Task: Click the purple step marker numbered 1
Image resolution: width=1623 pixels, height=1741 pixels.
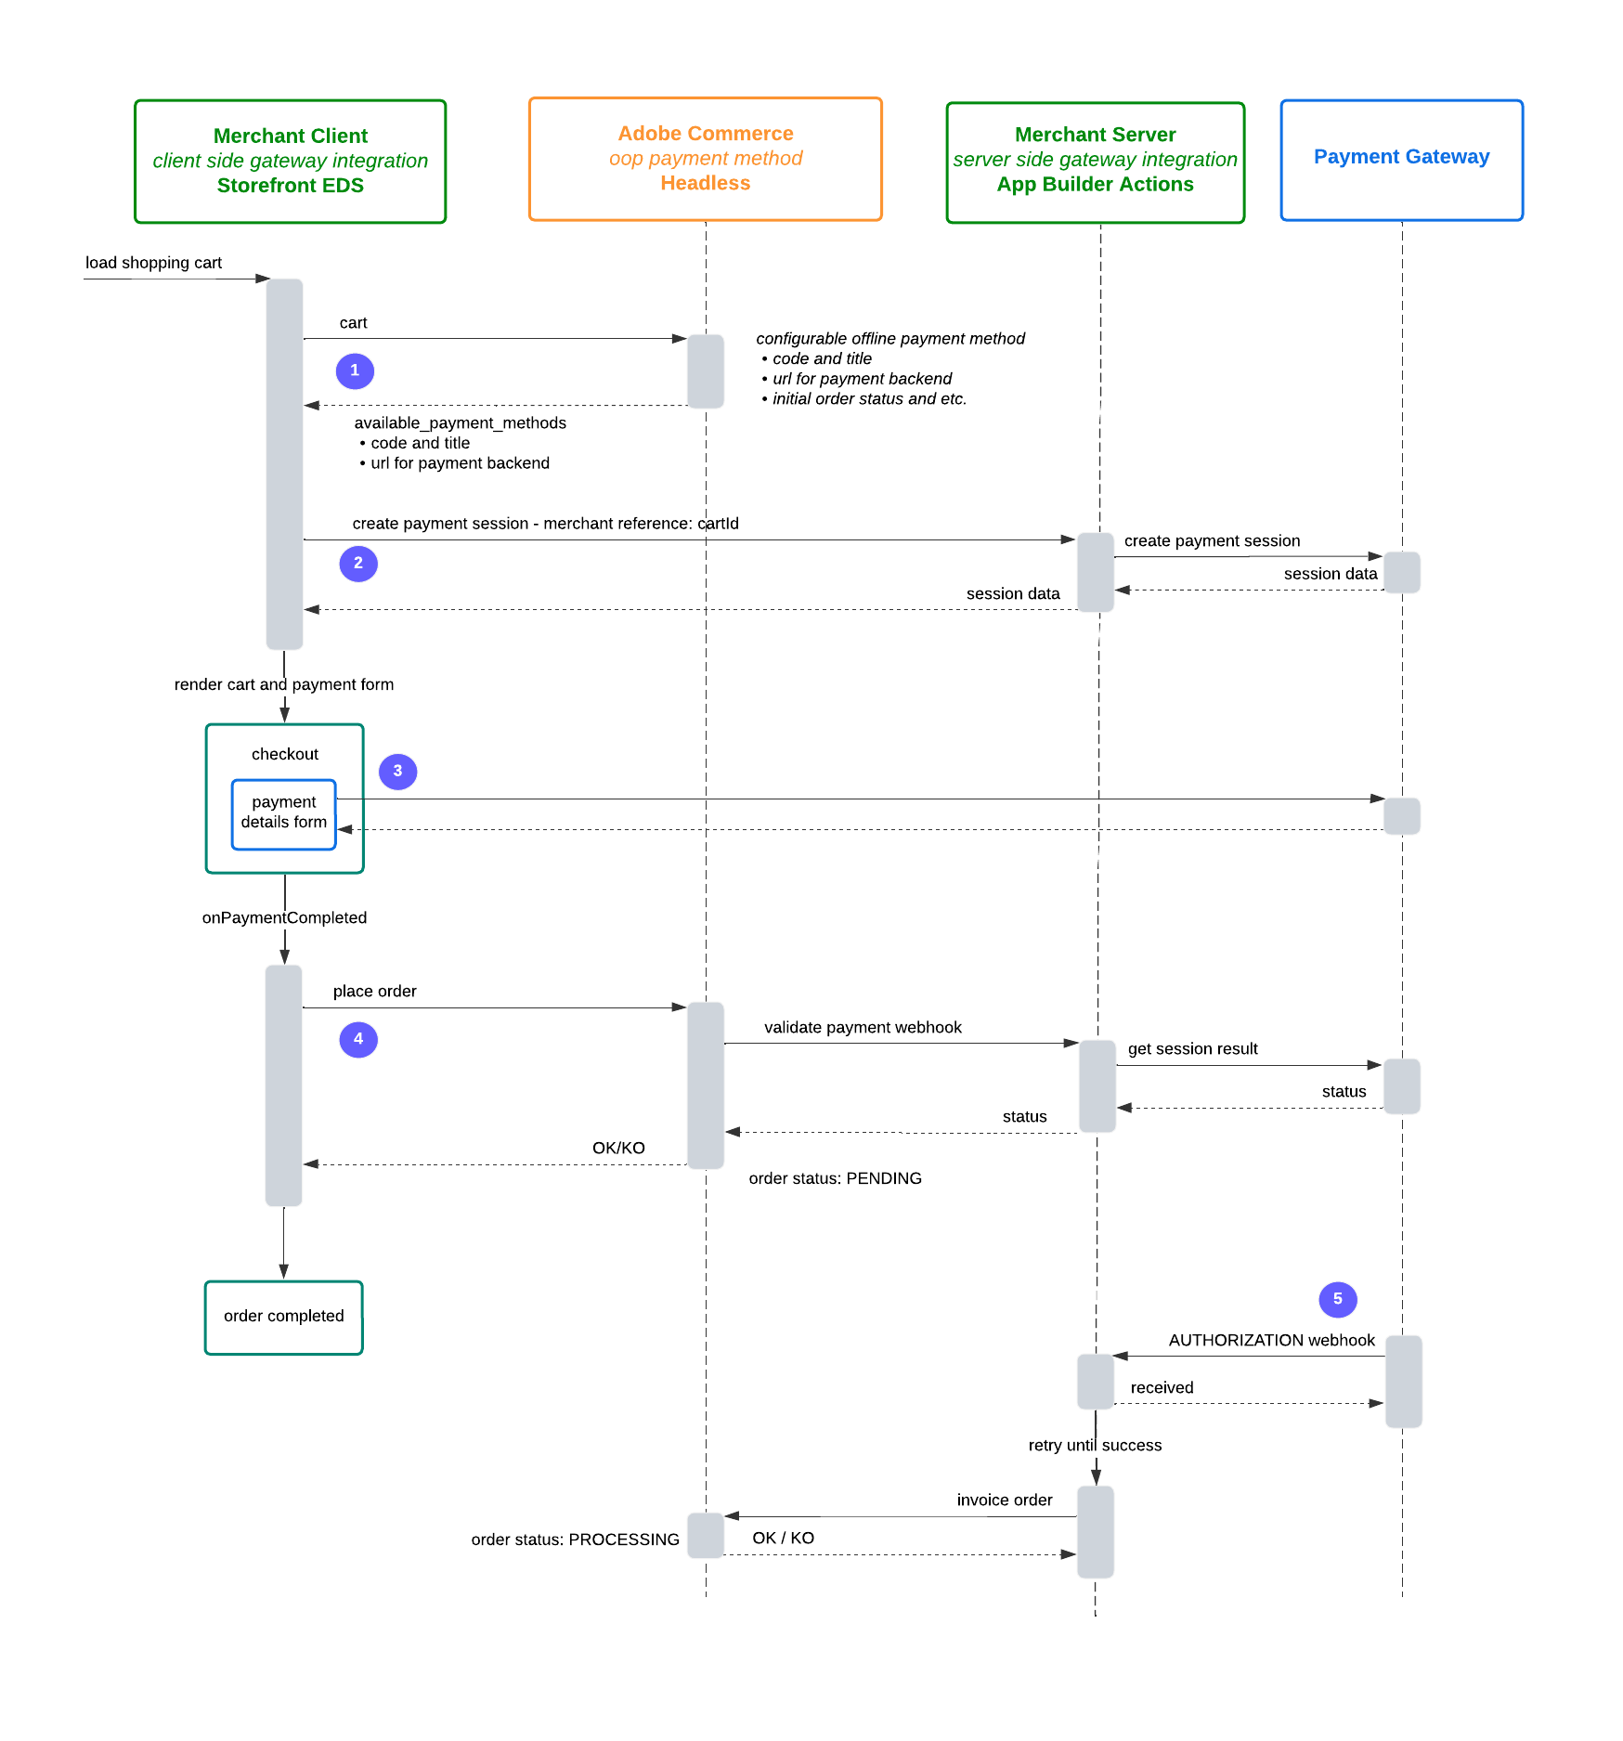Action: pyautogui.click(x=355, y=370)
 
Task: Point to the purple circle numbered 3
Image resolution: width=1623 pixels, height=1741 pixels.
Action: pyautogui.click(x=397, y=771)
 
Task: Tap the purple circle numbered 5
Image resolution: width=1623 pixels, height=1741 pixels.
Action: pyautogui.click(x=1338, y=1299)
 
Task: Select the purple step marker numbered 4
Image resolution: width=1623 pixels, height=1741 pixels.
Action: pyautogui.click(x=358, y=1039)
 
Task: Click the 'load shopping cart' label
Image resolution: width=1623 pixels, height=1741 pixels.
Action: pyautogui.click(x=154, y=263)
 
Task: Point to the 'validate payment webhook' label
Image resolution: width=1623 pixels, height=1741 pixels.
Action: pyautogui.click(x=863, y=1027)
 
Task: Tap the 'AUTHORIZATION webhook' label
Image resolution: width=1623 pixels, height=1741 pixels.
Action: pyautogui.click(x=1272, y=1340)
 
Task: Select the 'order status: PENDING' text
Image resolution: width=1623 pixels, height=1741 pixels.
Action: pyautogui.click(x=836, y=1178)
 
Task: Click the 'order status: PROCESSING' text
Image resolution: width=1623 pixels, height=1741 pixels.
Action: pyautogui.click(x=576, y=1540)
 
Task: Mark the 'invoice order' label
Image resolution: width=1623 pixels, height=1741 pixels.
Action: pyautogui.click(x=1005, y=1500)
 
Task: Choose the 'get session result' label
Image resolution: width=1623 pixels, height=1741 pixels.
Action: pyautogui.click(x=1193, y=1048)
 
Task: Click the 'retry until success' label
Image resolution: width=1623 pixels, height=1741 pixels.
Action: pyautogui.click(x=1096, y=1445)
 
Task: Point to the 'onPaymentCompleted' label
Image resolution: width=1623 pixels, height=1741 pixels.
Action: pyautogui.click(x=284, y=917)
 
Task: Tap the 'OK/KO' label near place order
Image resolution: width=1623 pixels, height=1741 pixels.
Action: pyautogui.click(x=618, y=1148)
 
